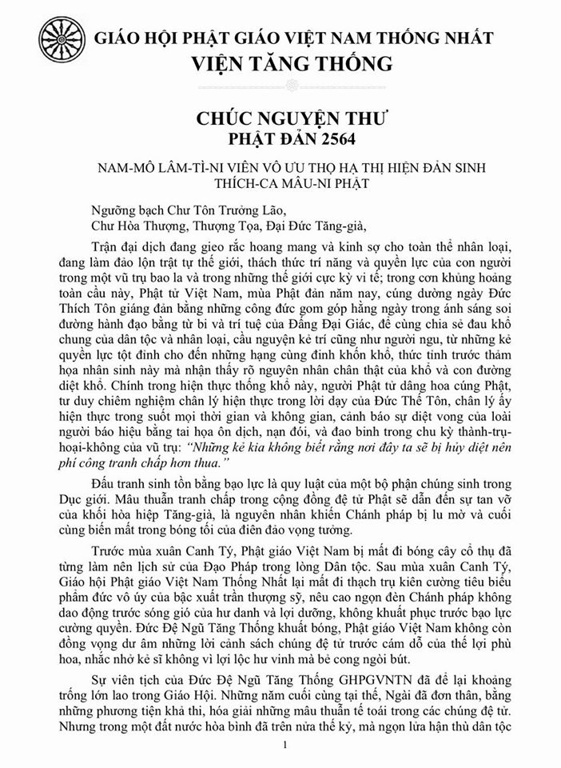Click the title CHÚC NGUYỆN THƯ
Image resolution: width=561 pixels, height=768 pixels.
tap(302, 119)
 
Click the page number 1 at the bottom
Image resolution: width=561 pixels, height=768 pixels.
tap(284, 746)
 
